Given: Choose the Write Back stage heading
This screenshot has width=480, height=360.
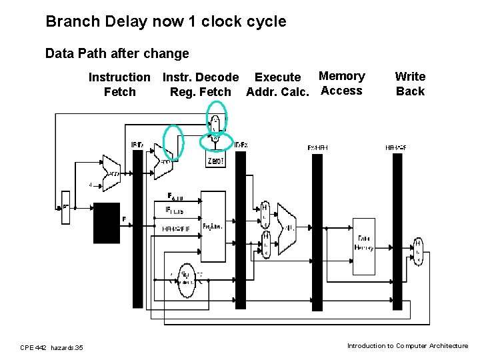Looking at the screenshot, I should click(410, 84).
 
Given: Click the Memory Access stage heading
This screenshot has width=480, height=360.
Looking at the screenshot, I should click(341, 83).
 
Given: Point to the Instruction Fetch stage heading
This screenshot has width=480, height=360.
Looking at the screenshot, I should click(120, 85).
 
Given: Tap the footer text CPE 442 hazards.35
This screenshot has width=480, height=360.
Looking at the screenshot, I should click(51, 347).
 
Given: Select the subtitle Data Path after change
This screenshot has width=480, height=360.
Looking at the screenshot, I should click(117, 53).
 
